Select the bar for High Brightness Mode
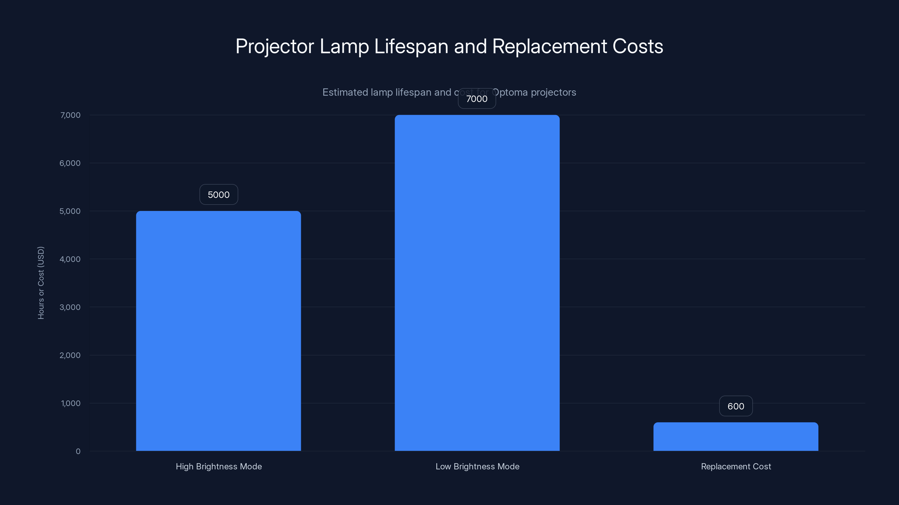tap(219, 331)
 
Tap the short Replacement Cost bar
tap(736, 437)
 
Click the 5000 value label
tap(219, 194)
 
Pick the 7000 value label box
tap(477, 99)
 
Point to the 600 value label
tap(736, 406)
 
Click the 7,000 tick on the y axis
tap(71, 115)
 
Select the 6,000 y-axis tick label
tap(70, 163)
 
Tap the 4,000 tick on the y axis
tap(70, 259)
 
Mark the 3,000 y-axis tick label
tap(70, 307)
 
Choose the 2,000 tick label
tap(70, 355)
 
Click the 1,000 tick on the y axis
tap(71, 403)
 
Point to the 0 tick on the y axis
tap(78, 451)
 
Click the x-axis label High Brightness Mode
tap(219, 466)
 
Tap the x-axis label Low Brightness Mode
tap(477, 466)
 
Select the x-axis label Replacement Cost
tap(736, 466)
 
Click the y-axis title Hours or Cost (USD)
tap(41, 283)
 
